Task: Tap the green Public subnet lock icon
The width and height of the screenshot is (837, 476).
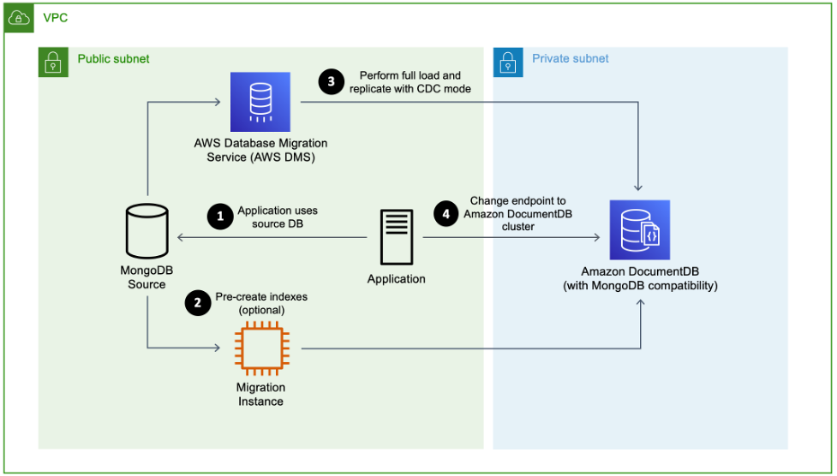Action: point(53,62)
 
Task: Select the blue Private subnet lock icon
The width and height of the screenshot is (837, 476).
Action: point(508,62)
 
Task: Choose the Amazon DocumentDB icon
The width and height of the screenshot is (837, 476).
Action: point(639,229)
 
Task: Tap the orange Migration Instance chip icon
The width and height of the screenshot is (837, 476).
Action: point(260,348)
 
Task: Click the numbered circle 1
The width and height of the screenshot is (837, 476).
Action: point(220,217)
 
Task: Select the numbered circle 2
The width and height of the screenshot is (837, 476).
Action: point(198,303)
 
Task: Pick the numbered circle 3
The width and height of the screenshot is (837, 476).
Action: point(331,82)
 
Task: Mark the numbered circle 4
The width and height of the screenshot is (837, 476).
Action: point(445,213)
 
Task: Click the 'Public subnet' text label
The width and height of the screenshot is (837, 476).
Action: point(113,59)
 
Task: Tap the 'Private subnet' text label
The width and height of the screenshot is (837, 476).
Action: point(571,59)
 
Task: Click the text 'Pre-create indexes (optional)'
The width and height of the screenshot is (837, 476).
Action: point(261,303)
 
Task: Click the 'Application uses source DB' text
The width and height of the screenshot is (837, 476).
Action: point(278,217)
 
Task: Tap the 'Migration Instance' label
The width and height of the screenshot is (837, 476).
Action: point(260,395)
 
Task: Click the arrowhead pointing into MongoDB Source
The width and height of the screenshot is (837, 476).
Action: point(180,238)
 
